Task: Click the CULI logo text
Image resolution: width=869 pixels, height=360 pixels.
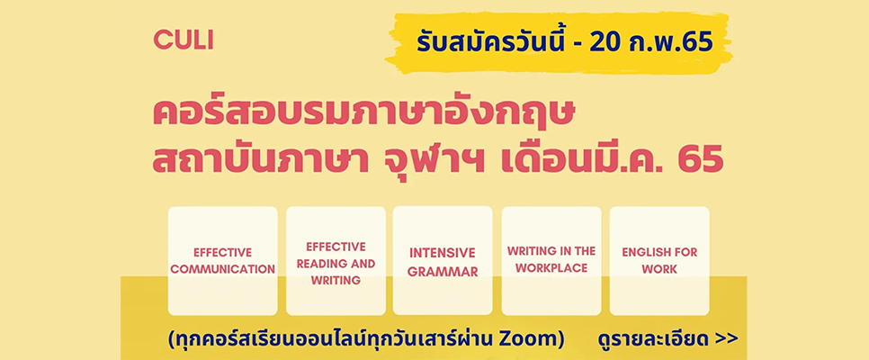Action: pos(184,41)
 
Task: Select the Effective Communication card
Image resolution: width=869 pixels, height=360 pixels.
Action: pos(223,261)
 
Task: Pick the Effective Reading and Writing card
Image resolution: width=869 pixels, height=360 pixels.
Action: pos(336,261)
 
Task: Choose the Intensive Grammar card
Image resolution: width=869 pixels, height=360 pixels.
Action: pos(443,261)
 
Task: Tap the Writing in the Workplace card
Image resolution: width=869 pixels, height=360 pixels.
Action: pos(551,261)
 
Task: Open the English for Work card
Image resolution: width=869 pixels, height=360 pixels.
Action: pos(659,261)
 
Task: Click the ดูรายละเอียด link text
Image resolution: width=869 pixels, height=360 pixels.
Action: pos(653,338)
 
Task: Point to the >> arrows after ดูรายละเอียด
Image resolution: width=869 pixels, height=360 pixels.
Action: pos(726,339)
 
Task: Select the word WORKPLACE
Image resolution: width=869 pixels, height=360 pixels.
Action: pos(551,268)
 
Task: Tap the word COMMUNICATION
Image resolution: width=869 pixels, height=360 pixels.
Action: pos(223,270)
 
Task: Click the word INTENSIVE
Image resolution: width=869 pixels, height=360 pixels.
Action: pos(443,253)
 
